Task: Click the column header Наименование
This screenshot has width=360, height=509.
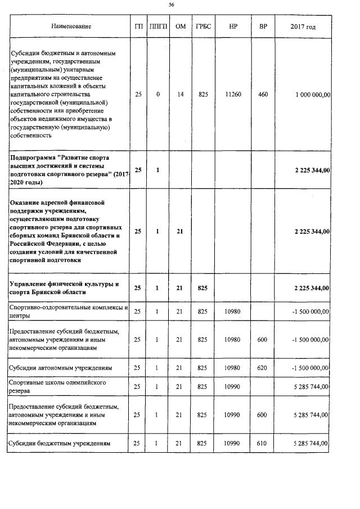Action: click(71, 26)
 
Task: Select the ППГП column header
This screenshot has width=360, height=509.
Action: click(159, 26)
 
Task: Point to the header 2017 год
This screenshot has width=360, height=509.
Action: click(303, 26)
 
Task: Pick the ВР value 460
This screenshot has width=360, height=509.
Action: click(263, 95)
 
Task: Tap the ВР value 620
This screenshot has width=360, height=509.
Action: click(263, 367)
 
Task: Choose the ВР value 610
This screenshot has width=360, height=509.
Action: click(263, 444)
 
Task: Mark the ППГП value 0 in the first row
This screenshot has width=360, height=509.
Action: click(159, 95)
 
